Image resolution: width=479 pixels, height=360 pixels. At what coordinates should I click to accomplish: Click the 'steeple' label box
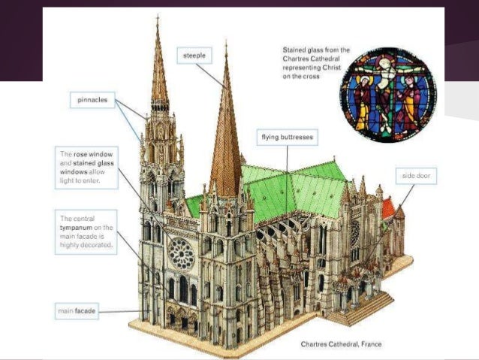[194, 56]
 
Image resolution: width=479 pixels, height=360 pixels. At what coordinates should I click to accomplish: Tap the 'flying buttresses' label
[288, 138]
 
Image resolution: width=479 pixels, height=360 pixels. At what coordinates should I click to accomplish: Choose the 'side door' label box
[418, 175]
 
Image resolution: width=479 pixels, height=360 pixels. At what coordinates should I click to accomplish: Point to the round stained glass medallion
[388, 95]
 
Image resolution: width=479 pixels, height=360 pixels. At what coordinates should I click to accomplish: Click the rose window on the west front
[181, 254]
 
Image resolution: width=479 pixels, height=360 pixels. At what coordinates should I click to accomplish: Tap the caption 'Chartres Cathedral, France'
[340, 344]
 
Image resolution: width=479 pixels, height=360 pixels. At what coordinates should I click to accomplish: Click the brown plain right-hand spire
[225, 143]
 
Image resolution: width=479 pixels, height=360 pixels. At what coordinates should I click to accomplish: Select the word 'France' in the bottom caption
[370, 344]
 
